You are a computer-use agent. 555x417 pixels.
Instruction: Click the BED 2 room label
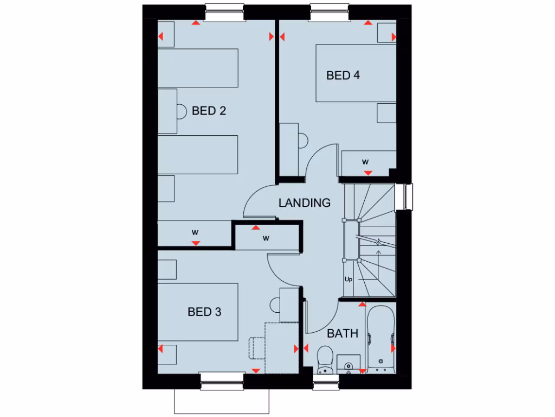(x=209, y=111)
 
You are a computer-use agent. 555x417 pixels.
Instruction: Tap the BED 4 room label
(x=343, y=75)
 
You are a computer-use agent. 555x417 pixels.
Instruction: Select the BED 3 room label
(x=204, y=312)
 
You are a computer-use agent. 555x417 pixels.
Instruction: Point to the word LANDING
(x=304, y=203)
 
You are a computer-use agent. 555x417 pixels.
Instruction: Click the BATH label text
(x=343, y=333)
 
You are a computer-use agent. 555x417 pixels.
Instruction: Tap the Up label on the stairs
(x=349, y=279)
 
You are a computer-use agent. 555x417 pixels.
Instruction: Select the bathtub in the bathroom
(x=380, y=339)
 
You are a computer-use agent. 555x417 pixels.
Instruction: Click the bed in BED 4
(x=356, y=73)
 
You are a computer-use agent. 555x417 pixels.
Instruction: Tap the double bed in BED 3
(x=198, y=312)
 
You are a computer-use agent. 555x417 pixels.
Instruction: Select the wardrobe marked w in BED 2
(x=195, y=232)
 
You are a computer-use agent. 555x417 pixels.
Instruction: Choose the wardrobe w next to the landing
(x=267, y=238)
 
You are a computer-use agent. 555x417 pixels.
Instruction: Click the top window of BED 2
(x=223, y=12)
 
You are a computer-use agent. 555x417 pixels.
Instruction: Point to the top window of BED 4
(x=328, y=12)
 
